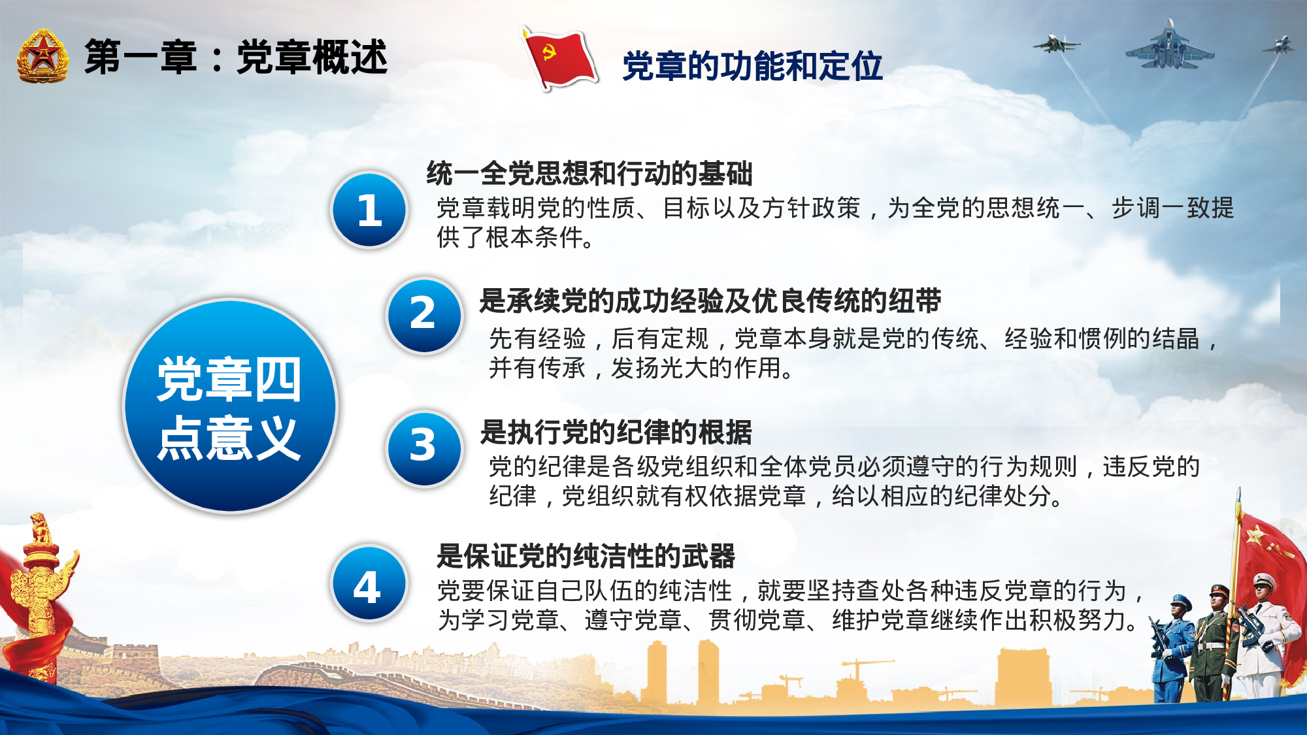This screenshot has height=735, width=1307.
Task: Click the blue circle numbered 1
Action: pos(370,210)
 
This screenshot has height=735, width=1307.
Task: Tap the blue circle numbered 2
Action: pos(423,315)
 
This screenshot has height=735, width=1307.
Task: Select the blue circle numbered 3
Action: pos(423,448)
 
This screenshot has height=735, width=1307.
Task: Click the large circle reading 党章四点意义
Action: pos(230,406)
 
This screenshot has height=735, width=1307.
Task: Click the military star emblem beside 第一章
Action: pos(42,57)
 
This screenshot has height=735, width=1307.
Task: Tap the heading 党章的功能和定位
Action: pos(752,67)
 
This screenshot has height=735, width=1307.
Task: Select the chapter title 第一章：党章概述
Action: pos(236,57)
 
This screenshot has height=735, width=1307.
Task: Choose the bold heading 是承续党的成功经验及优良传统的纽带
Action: pos(710,301)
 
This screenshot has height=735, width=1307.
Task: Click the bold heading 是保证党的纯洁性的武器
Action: pos(586,557)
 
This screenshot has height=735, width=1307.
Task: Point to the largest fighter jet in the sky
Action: pos(1169,47)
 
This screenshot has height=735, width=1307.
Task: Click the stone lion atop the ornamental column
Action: pos(41,529)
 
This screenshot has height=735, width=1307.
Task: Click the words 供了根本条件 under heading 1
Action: pos(510,238)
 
